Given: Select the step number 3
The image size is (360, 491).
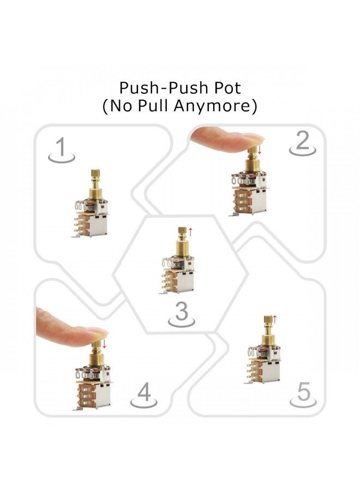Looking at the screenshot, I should [181, 312].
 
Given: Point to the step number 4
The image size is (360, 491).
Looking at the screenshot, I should [144, 392].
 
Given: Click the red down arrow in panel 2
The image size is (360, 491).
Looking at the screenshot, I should [260, 149].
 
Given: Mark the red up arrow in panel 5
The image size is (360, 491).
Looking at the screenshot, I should [275, 319].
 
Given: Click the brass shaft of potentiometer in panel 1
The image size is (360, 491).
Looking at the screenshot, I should [95, 183].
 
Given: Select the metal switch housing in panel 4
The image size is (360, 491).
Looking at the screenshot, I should [101, 394].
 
